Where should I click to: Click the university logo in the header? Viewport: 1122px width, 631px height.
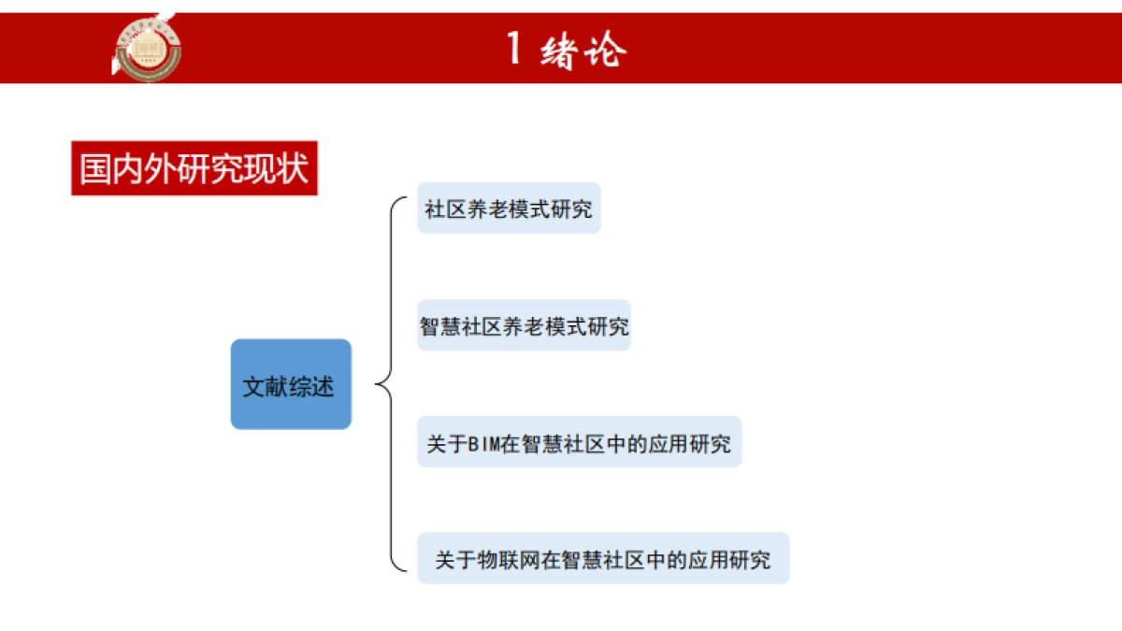pos(147,47)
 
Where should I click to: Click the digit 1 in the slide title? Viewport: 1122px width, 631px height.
pos(513,48)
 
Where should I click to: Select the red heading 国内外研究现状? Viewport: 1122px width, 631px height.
pos(194,168)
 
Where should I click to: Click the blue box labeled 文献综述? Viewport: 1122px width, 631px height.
pos(291,384)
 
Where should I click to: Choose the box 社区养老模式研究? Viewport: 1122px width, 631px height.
pos(509,208)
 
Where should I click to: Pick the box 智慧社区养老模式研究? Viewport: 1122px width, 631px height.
pos(524,326)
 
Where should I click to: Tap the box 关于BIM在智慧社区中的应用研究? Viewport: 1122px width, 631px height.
pos(579,442)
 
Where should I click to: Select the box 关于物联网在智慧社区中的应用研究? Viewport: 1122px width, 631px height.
pos(603,559)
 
